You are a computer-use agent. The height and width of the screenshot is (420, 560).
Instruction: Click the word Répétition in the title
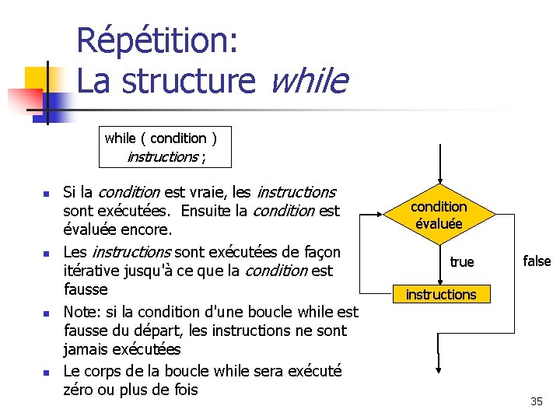click(x=157, y=40)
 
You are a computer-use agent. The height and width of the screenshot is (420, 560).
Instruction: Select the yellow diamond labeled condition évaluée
click(x=439, y=215)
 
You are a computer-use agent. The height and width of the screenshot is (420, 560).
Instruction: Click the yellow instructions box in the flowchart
click(x=440, y=294)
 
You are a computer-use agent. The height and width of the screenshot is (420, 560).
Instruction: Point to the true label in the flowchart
click(x=462, y=261)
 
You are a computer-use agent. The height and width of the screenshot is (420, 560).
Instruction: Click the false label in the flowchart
click(x=537, y=261)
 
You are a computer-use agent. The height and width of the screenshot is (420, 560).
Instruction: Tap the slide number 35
click(x=537, y=401)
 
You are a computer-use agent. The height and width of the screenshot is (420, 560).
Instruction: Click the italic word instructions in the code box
click(x=162, y=156)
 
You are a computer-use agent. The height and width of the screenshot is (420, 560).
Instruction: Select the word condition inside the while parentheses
click(x=178, y=138)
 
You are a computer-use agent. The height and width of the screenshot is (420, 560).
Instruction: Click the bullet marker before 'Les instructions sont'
click(x=46, y=254)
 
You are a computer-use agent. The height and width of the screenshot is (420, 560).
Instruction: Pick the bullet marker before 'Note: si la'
click(x=46, y=313)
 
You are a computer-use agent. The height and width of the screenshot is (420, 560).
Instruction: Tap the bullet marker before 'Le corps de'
click(x=46, y=373)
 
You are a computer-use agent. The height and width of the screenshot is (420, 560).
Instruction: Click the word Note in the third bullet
click(x=79, y=312)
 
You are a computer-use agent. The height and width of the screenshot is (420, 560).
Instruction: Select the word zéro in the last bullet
click(x=79, y=389)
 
